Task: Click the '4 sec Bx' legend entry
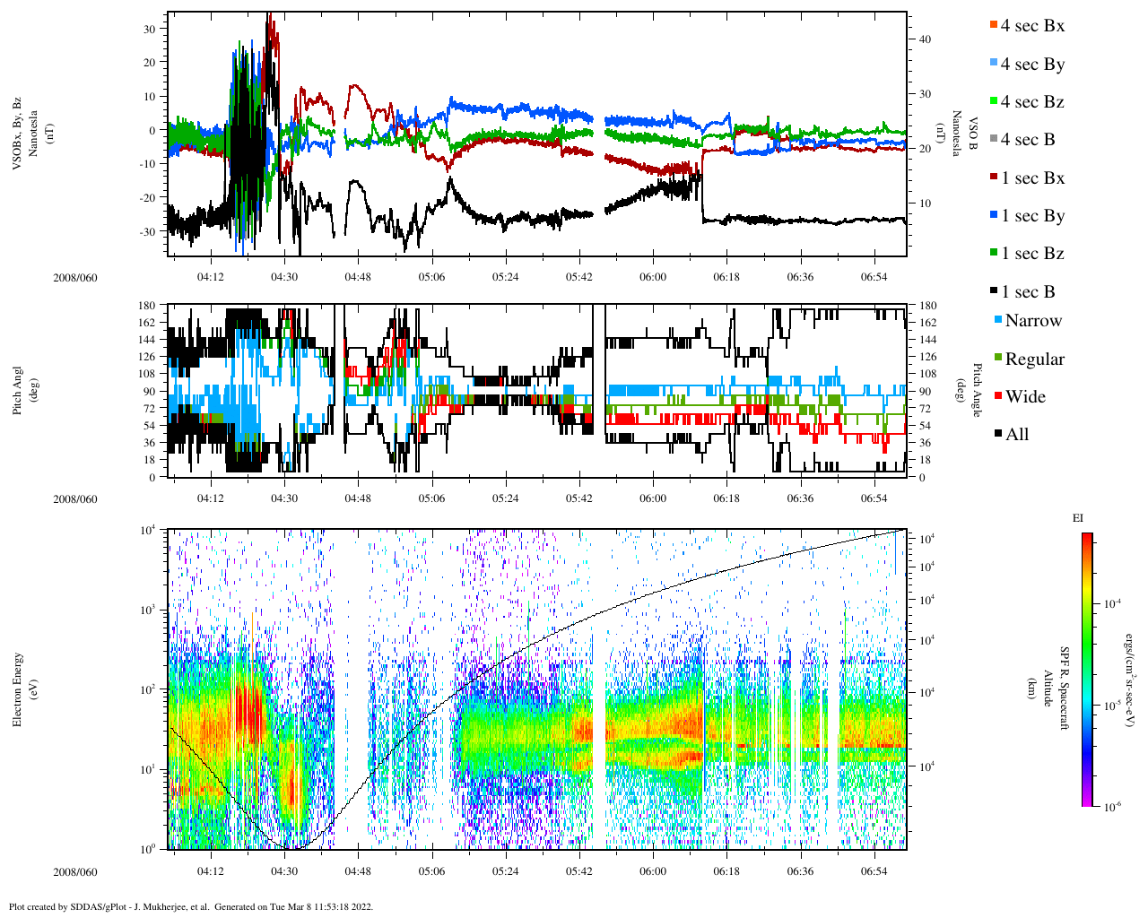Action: pyautogui.click(x=1032, y=26)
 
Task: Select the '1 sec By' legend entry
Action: pyautogui.click(x=1032, y=216)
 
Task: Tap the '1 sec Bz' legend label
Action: pyautogui.click(x=1032, y=254)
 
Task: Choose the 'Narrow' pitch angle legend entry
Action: pyautogui.click(x=1032, y=321)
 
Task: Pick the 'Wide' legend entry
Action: pyautogui.click(x=1025, y=397)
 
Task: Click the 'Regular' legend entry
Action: pyautogui.click(x=1034, y=359)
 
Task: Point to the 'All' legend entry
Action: pyautogui.click(x=1016, y=435)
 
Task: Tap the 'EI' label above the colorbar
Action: pyautogui.click(x=1078, y=518)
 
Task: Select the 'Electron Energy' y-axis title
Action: pyautogui.click(x=18, y=688)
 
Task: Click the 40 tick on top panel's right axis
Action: pyautogui.click(x=925, y=39)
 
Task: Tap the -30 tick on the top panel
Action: pyautogui.click(x=148, y=231)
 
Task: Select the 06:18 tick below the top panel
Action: pyautogui.click(x=726, y=277)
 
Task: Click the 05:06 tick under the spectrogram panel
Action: pyautogui.click(x=431, y=871)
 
